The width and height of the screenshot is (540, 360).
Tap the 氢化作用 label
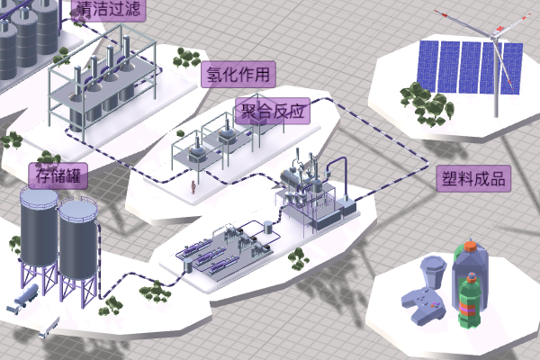[238, 74]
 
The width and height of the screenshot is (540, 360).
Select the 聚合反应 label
[272, 111]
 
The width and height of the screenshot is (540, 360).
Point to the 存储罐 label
[58, 175]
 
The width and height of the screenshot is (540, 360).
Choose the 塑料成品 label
[473, 178]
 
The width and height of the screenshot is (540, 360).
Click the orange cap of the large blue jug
[470, 246]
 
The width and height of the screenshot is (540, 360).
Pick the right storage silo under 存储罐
[78, 239]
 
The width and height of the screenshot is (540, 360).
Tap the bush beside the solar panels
[416, 94]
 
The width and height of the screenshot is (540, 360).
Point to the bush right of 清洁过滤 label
[187, 58]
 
